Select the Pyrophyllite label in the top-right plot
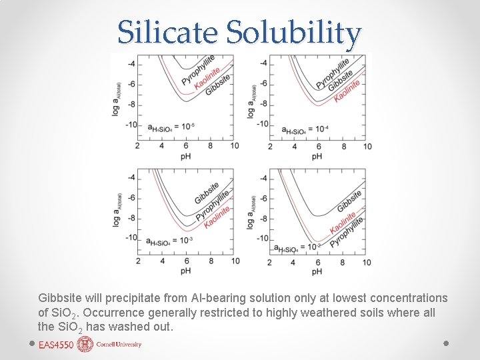(331, 72)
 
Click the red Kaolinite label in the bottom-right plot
(343, 223)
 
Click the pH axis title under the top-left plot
(185, 157)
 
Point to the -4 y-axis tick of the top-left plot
(131, 64)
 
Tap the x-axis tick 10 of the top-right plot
(367, 146)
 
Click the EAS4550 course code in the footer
(56, 345)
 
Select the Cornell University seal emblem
(85, 344)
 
